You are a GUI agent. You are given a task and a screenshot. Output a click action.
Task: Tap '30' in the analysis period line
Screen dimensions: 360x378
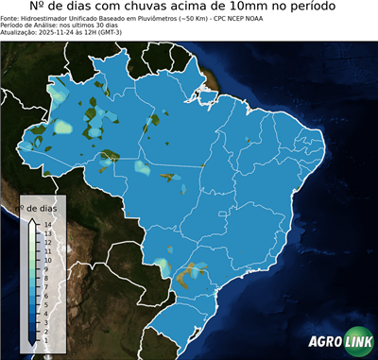[x=80, y=25]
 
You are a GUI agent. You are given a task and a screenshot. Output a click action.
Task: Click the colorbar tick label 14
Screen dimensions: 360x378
[x=46, y=224]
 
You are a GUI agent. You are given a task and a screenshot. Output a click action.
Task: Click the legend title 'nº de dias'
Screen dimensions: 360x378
[x=41, y=207]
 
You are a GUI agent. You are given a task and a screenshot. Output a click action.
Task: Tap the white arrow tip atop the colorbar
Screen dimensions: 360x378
[x=32, y=220]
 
